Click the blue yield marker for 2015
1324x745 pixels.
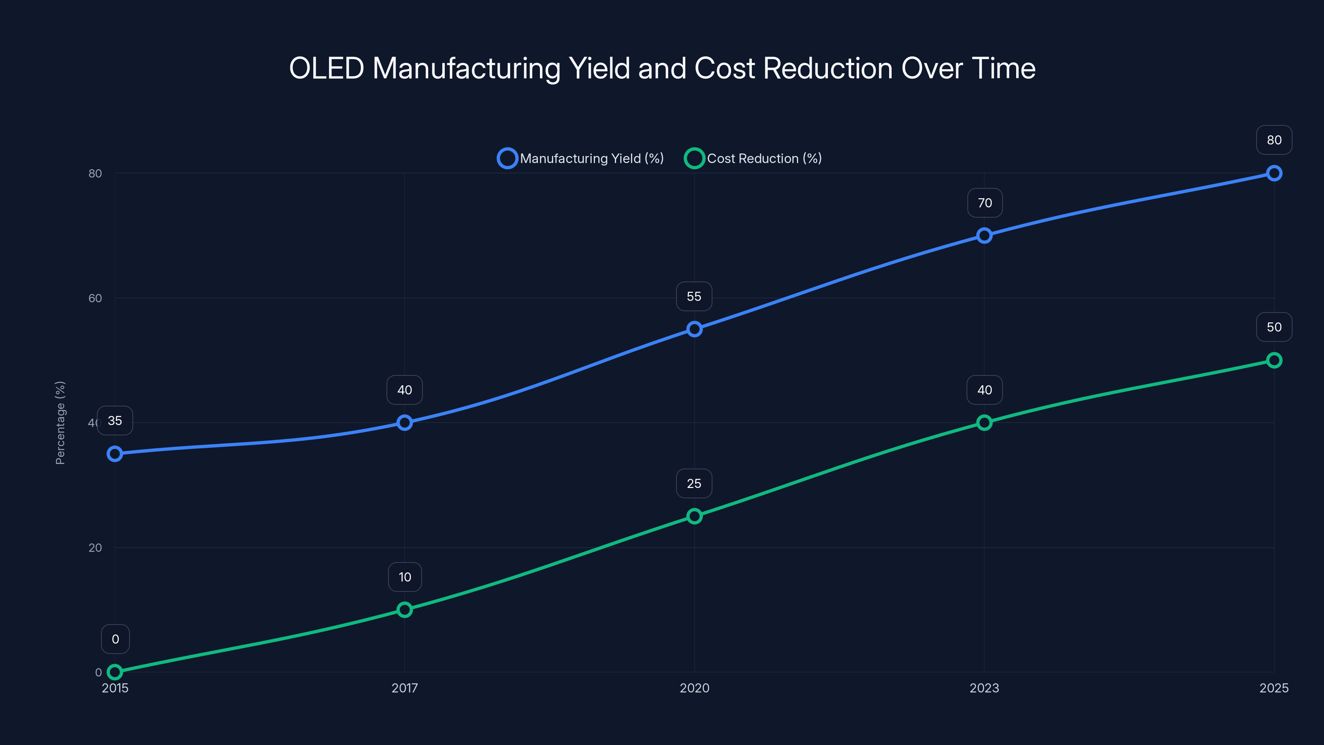pos(115,454)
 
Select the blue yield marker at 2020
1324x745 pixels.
pos(694,329)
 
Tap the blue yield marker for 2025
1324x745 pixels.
pos(1274,173)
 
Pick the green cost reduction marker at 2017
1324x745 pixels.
pos(405,610)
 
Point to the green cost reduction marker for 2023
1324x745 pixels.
pos(984,423)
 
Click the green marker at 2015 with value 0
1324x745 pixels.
pos(115,672)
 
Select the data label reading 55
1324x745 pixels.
pos(694,297)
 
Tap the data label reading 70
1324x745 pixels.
pos(985,203)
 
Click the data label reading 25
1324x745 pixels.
pos(694,484)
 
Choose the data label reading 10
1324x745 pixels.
pos(405,577)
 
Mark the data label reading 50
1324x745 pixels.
pos(1274,327)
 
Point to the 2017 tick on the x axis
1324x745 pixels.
pos(405,688)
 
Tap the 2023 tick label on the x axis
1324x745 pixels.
pos(984,688)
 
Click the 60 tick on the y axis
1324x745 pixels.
pos(95,298)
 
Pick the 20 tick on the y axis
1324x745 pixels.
pos(95,548)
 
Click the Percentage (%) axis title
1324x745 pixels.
pos(60,423)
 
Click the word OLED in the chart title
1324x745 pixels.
pos(326,68)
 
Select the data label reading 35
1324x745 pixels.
pos(115,421)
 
